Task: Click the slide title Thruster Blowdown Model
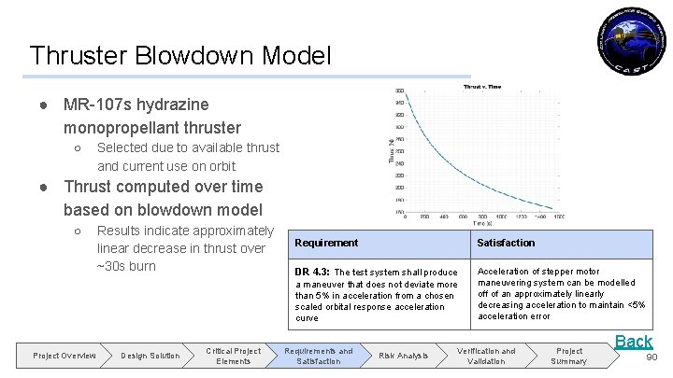(x=179, y=56)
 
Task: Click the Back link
(x=633, y=341)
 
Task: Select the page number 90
(x=651, y=356)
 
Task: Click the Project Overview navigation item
(x=64, y=356)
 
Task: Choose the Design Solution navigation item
(x=150, y=356)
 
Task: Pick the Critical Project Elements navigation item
(x=234, y=356)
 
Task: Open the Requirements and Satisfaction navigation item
(x=319, y=356)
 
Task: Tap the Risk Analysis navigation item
(x=404, y=356)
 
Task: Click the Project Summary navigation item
(x=568, y=356)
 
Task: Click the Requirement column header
(x=326, y=243)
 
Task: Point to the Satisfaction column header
(x=506, y=243)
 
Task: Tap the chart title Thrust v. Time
(x=481, y=87)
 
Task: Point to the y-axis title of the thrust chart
(x=392, y=150)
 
